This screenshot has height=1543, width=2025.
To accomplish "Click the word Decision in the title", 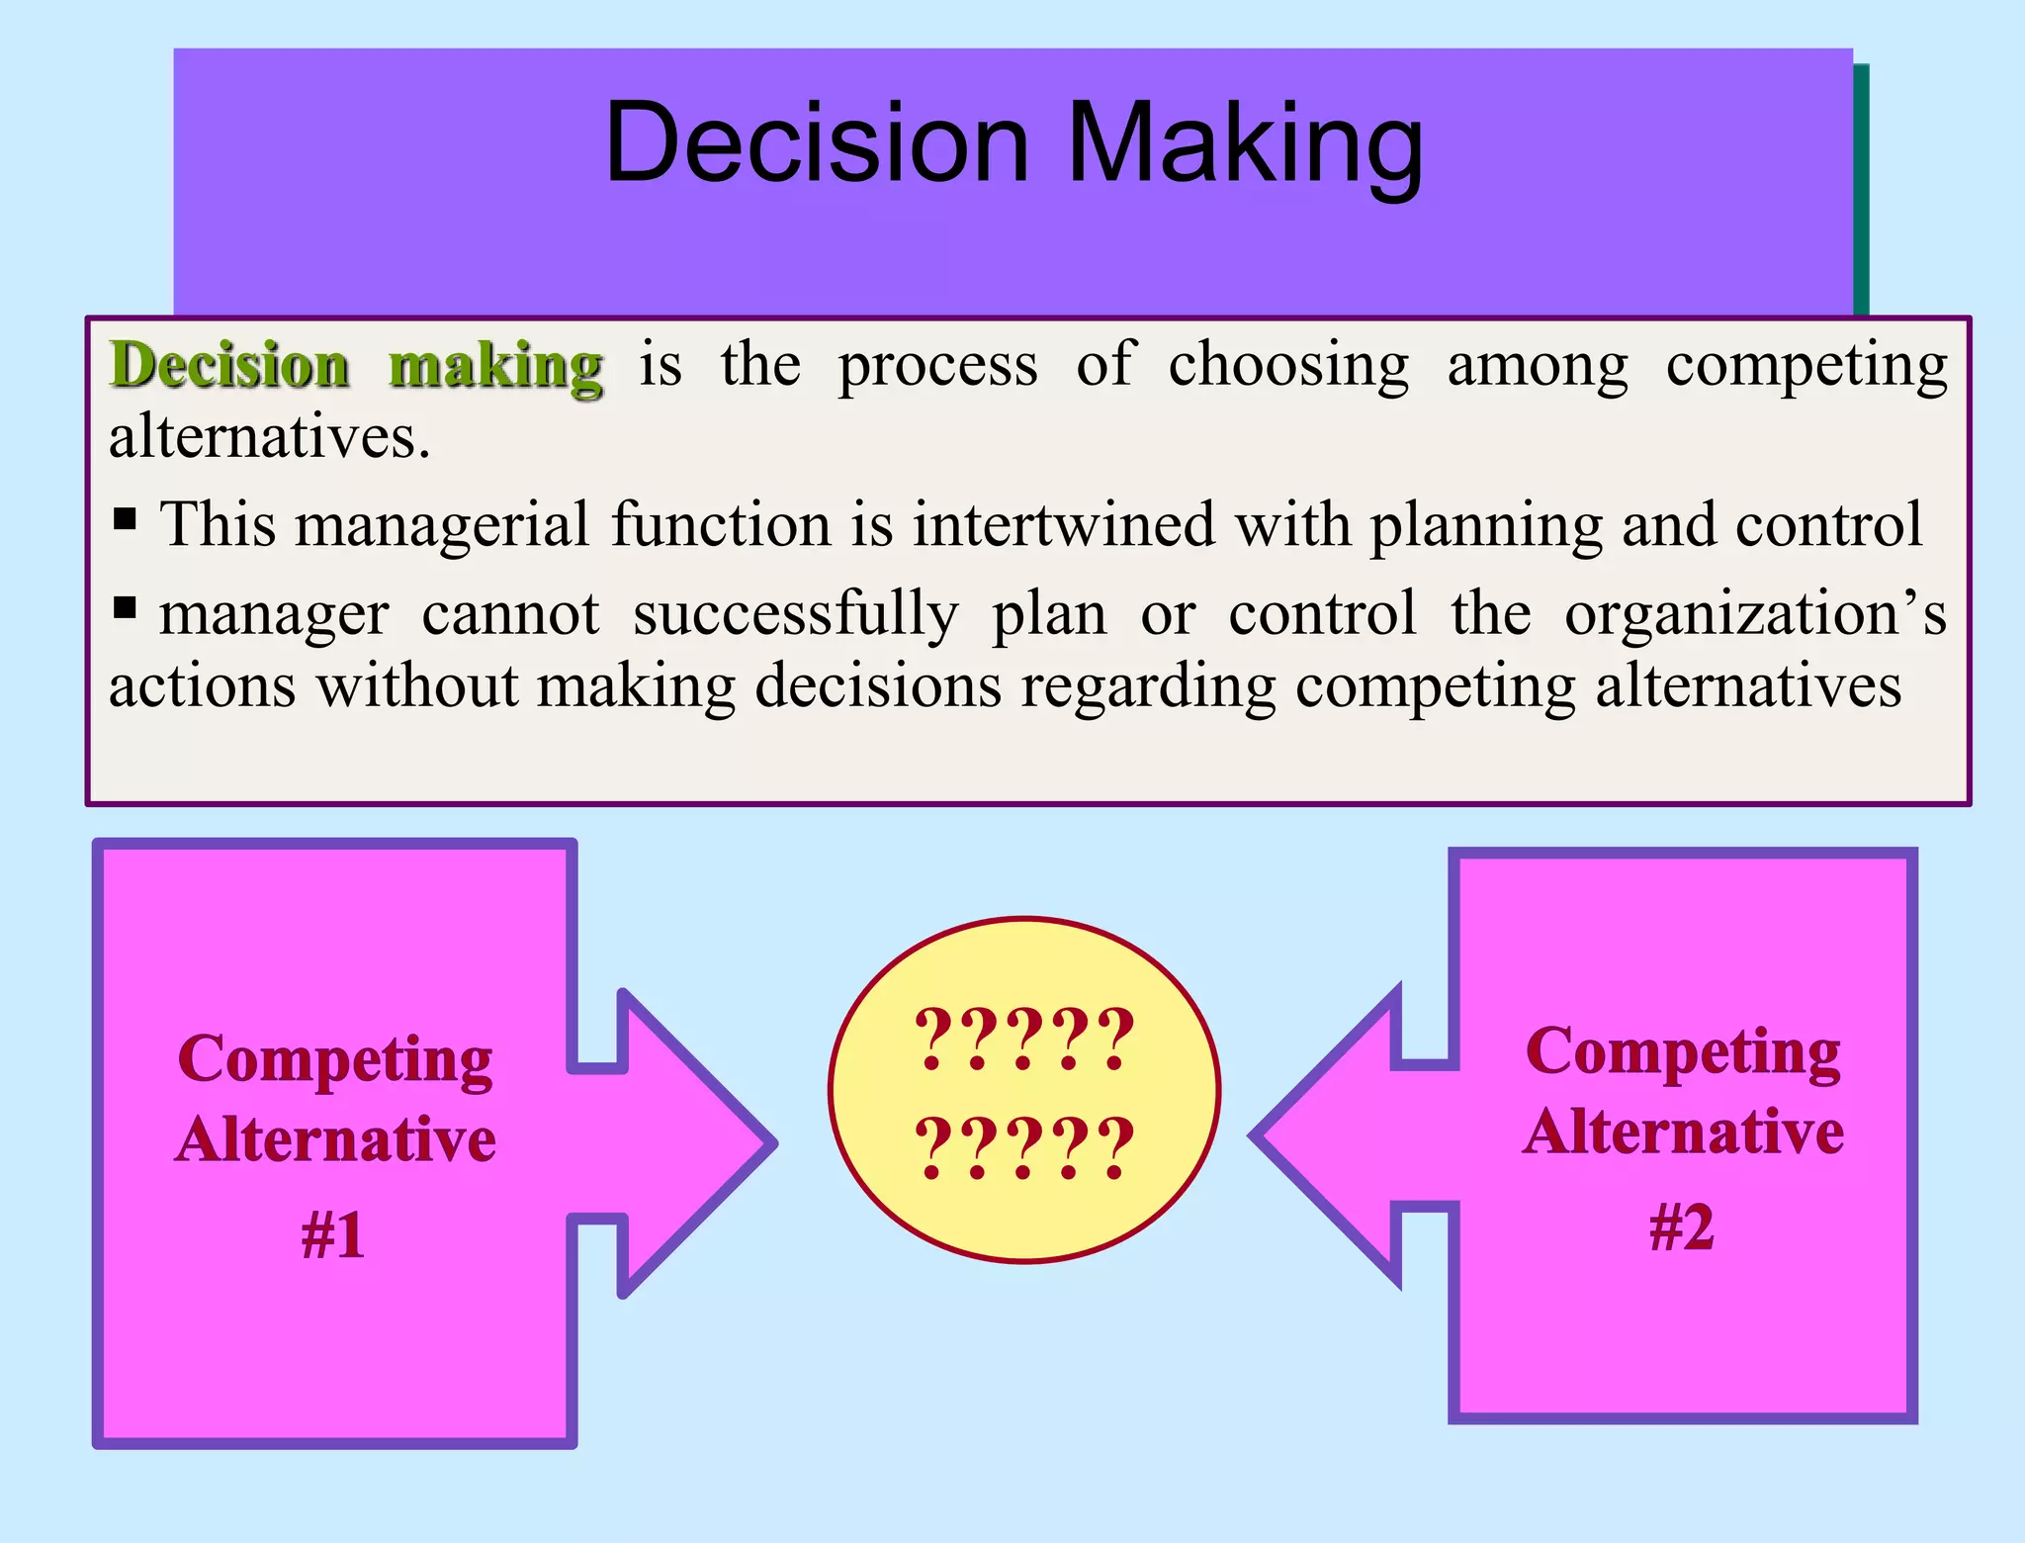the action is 817,143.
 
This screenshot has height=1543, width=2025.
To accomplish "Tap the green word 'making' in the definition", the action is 495,366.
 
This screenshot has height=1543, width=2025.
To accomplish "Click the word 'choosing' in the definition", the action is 1288,366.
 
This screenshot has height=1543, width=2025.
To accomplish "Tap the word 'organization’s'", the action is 1755,613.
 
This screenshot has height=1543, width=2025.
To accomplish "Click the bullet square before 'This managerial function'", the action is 125,517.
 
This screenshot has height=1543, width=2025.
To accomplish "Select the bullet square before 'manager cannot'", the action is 125,606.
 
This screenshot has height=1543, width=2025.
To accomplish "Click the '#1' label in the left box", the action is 333,1235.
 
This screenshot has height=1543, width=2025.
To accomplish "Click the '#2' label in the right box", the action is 1682,1227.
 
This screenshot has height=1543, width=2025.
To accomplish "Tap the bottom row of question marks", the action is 1024,1146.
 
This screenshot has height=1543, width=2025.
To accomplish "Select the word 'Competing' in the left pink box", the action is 335,1061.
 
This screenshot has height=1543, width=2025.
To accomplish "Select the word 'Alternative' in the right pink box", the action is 1683,1132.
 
